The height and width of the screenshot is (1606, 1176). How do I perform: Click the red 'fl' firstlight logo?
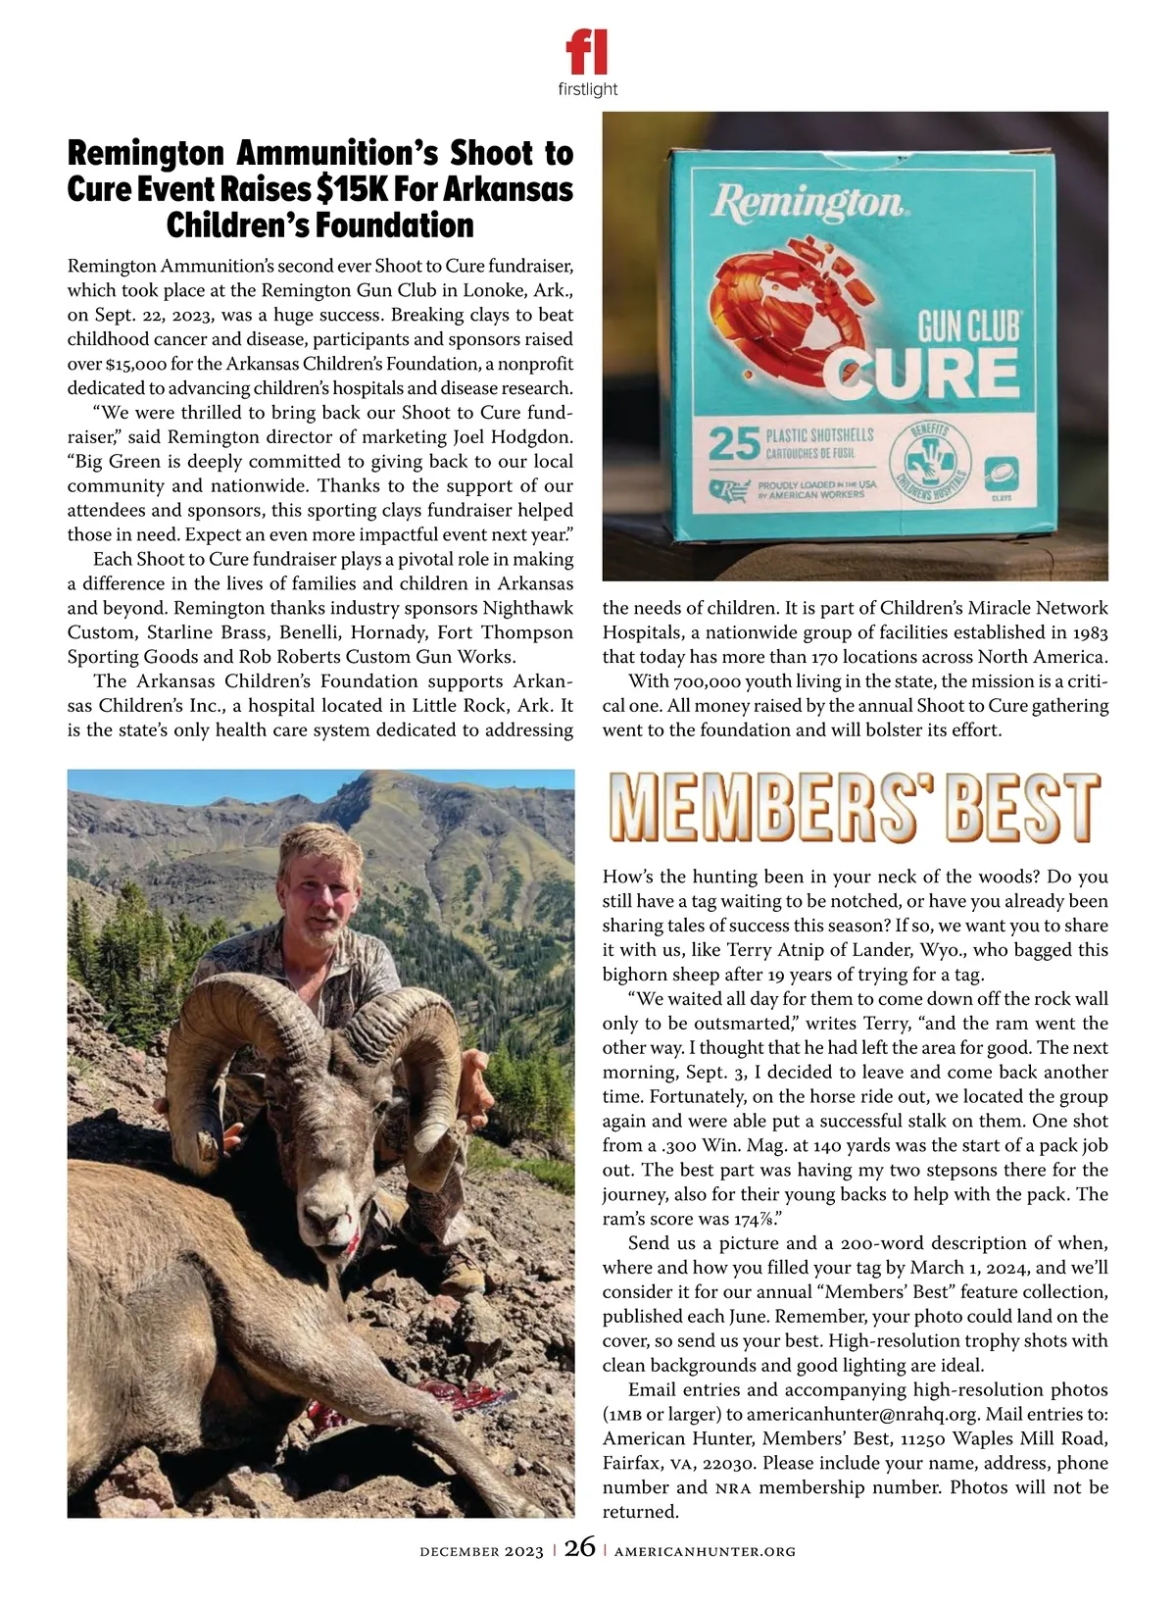tap(587, 51)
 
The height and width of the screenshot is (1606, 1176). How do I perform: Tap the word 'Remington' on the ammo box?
tap(808, 202)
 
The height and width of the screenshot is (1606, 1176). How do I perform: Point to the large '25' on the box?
tap(734, 444)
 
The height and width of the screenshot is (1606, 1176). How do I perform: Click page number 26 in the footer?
tap(579, 1548)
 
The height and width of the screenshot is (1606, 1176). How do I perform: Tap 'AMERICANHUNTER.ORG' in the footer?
tap(705, 1551)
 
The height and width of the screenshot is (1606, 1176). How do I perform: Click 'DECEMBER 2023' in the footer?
tap(481, 1551)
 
